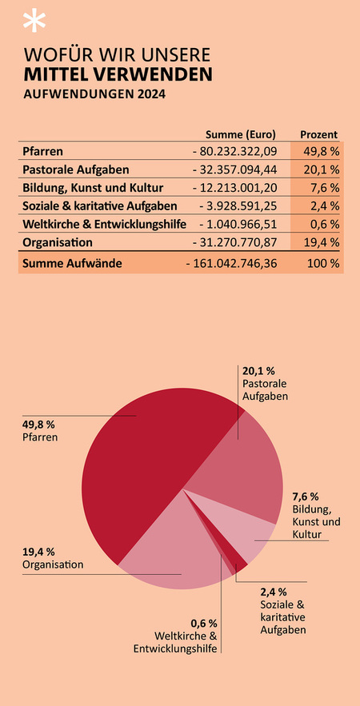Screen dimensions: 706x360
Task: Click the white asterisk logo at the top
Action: click(x=33, y=22)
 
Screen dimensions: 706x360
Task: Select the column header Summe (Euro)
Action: click(x=241, y=134)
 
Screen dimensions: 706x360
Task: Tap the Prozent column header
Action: click(x=318, y=134)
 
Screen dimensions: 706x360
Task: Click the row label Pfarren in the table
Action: click(x=44, y=151)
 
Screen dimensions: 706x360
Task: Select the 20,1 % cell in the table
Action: click(x=322, y=170)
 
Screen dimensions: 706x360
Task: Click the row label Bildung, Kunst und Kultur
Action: click(x=94, y=188)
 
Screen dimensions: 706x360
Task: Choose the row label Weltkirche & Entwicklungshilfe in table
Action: click(x=104, y=224)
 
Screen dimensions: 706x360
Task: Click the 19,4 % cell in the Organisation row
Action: click(x=322, y=242)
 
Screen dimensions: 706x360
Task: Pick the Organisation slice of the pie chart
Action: click(x=168, y=552)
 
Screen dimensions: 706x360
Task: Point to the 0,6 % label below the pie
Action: click(x=203, y=623)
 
